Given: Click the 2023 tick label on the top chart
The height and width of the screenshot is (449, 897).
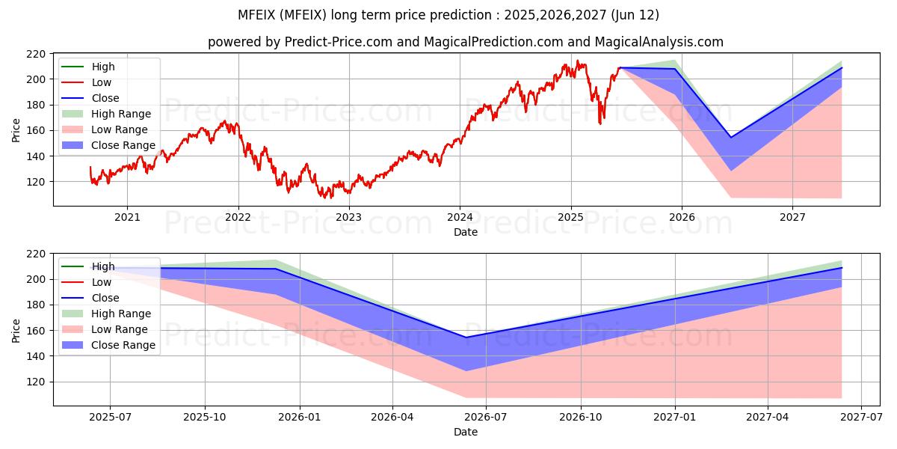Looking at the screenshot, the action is coord(349,217).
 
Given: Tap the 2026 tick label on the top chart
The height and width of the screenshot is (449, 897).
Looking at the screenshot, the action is coord(682,217).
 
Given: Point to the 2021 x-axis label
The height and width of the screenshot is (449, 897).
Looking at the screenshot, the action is coord(127,217).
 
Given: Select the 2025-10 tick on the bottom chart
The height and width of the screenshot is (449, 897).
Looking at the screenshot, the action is coord(205,418).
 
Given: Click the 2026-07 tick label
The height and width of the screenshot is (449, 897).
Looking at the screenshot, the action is coord(486,418).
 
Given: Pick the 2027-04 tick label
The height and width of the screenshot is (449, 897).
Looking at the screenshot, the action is coord(768,418).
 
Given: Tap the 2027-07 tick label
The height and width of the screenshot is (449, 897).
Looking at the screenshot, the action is coord(861,418).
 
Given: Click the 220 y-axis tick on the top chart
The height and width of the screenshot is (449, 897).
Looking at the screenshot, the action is coord(36,54).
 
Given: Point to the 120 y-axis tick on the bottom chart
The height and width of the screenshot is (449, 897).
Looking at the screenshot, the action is coord(36,382).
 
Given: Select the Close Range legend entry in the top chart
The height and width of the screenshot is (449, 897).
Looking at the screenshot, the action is coord(108,145).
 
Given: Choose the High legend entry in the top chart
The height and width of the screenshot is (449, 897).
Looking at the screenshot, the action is coord(88,67).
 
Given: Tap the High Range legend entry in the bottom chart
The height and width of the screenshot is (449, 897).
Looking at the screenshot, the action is coord(106,314).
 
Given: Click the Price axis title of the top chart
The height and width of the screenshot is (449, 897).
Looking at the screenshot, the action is coord(16,130).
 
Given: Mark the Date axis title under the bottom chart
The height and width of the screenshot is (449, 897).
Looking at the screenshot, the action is coord(466,432).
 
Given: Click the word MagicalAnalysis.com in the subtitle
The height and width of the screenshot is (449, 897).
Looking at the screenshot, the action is coord(659,42).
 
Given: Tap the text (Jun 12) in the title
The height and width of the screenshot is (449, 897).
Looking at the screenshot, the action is coord(635,15).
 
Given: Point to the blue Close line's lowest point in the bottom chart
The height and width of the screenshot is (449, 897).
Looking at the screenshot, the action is coord(466,337).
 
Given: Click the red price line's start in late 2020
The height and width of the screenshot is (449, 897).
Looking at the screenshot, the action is coord(90,167).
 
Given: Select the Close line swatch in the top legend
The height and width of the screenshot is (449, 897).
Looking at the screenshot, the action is coord(73,98).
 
